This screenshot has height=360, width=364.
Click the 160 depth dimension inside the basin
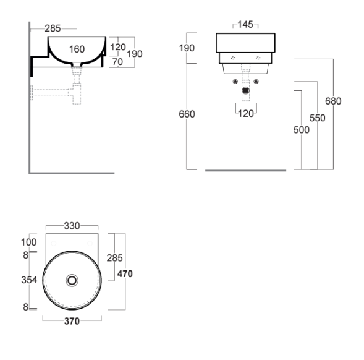[77, 49]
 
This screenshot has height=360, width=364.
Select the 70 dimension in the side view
[117, 62]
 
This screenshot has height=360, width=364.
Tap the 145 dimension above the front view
[245, 24]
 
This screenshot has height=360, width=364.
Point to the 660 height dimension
[187, 114]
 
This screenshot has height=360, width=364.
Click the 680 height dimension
[333, 101]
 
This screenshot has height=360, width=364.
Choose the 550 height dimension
[317, 118]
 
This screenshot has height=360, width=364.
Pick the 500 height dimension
[302, 130]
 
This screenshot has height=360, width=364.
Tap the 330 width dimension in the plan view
[72, 226]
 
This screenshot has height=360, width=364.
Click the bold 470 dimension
[125, 274]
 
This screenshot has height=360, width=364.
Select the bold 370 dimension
[72, 321]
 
